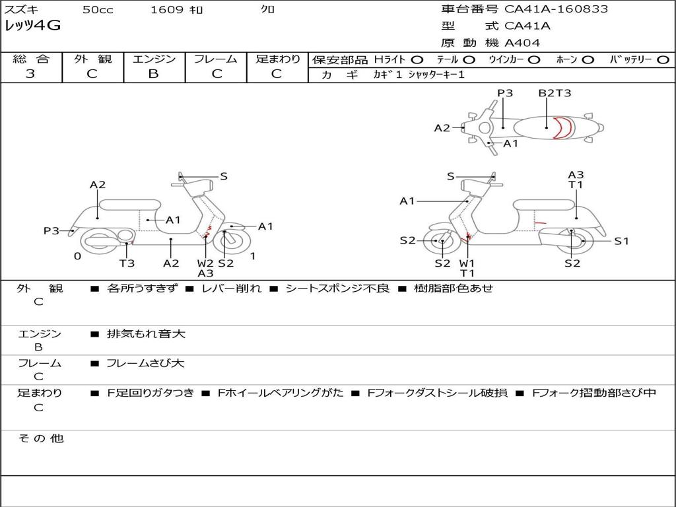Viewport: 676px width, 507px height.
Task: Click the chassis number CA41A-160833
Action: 556,9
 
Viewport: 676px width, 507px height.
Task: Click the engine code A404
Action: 522,43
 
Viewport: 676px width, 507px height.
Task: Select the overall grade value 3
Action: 30,74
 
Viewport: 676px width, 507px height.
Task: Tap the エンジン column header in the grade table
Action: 154,59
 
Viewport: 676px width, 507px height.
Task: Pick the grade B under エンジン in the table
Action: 153,74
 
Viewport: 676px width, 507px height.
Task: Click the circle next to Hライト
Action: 417,59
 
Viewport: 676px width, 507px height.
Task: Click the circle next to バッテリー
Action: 663,59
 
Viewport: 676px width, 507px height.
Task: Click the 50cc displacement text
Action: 97,10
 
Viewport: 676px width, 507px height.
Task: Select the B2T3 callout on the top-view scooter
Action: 554,93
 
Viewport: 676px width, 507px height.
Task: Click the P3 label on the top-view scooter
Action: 505,93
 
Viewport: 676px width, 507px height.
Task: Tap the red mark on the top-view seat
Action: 561,127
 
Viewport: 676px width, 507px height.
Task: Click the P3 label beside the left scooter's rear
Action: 51,231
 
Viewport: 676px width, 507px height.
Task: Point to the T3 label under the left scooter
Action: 127,263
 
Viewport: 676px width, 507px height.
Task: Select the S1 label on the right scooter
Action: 622,241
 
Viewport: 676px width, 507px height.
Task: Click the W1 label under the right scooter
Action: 467,263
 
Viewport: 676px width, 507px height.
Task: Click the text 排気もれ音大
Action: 146,334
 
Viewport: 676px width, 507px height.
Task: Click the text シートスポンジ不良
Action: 337,288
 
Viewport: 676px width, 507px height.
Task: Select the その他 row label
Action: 40,438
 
